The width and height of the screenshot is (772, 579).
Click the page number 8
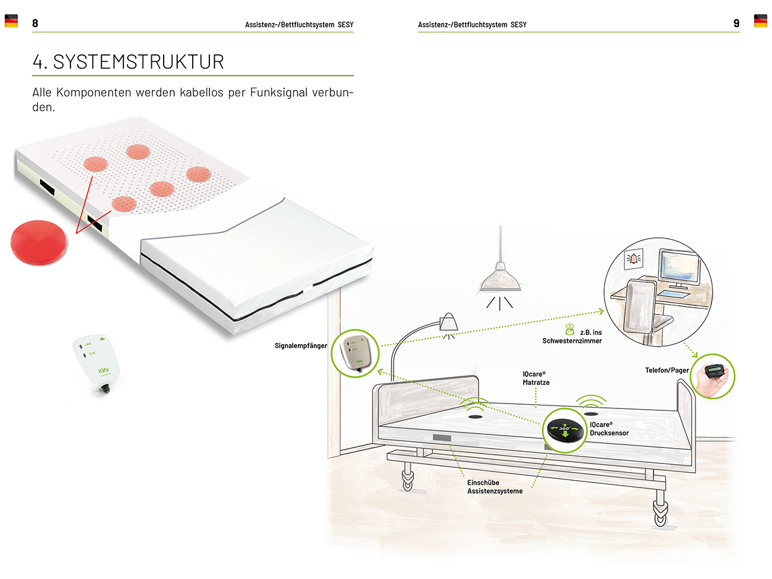(35, 23)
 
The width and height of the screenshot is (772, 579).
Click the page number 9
(736, 23)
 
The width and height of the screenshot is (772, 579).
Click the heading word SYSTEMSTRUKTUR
(138, 62)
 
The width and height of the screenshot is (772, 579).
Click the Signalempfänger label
(301, 345)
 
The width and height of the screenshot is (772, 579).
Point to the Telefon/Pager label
(667, 370)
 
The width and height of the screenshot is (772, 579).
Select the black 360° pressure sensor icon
(563, 430)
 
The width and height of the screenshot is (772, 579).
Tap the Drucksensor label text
(609, 433)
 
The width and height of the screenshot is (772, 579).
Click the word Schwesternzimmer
(572, 341)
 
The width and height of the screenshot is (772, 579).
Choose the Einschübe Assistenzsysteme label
(495, 487)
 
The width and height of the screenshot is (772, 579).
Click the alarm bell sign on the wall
(634, 260)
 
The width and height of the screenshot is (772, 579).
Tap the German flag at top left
(11, 21)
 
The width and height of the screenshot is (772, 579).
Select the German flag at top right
(760, 21)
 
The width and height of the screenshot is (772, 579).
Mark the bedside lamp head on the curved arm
(448, 322)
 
